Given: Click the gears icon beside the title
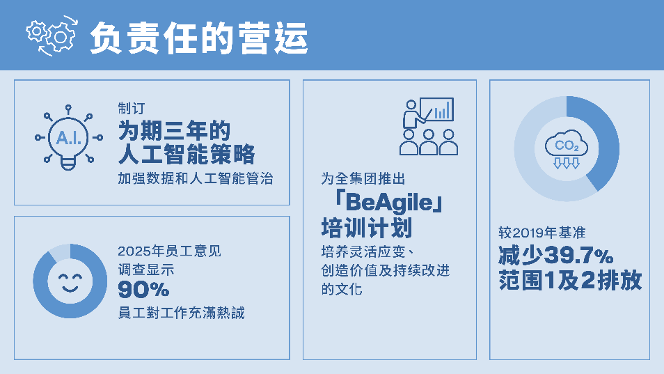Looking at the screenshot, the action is [52, 36].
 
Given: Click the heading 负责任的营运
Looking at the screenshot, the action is [198, 38].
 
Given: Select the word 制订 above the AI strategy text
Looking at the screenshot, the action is [132, 108].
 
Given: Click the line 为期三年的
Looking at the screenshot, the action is [174, 130].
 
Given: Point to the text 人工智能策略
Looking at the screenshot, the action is [187, 154].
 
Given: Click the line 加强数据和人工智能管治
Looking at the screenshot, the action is [195, 178].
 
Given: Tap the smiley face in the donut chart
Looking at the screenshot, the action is [70, 281].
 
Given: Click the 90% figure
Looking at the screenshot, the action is [143, 290].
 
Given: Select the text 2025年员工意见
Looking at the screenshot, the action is [169, 251].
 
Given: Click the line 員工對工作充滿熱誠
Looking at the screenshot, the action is [181, 313].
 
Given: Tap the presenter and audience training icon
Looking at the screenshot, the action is [429, 126].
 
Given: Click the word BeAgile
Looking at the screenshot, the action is [389, 203].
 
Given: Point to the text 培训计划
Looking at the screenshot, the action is [367, 228].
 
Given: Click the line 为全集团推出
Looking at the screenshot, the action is [363, 179].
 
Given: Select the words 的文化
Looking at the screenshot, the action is [342, 289].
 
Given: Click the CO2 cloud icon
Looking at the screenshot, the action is [567, 148].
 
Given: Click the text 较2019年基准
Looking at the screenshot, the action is [542, 233].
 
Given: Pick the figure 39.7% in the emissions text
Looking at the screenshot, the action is [578, 256].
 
